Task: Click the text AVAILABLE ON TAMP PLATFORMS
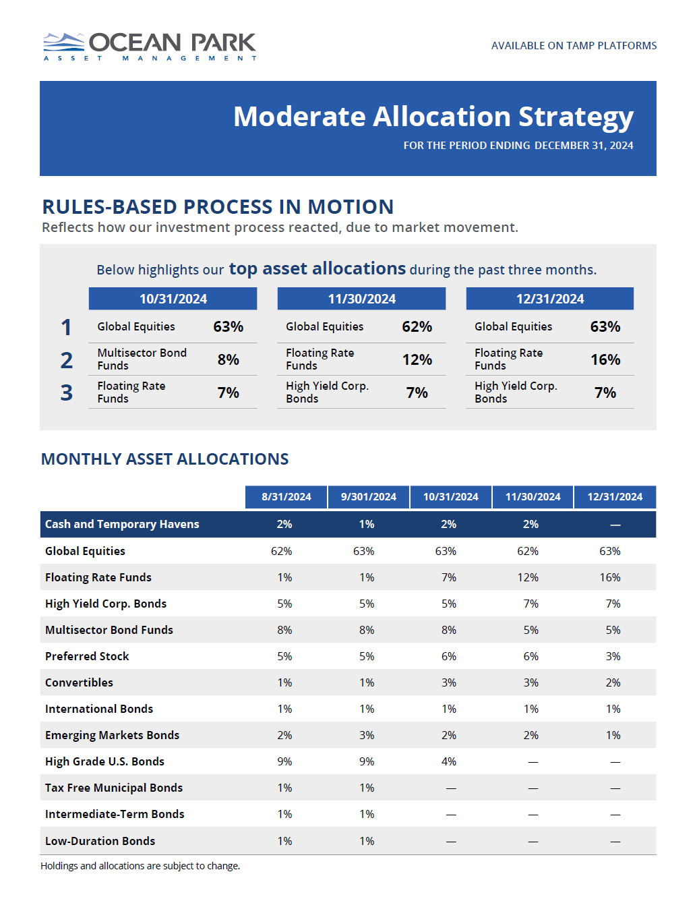[x=574, y=46]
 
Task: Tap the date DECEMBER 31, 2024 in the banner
[x=584, y=146]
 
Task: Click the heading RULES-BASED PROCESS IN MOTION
[x=218, y=206]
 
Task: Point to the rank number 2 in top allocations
[x=66, y=360]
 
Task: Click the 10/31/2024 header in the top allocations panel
[x=173, y=299]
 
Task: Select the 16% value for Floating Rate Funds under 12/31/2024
[x=605, y=360]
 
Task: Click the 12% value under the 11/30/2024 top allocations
[x=417, y=360]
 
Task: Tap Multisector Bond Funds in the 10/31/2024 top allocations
[x=142, y=359]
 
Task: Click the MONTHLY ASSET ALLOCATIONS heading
[x=164, y=459]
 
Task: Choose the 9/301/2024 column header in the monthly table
[x=368, y=497]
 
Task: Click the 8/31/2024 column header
[x=286, y=497]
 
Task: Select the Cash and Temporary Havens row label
[x=122, y=525]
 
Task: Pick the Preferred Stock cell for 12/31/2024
[x=613, y=656]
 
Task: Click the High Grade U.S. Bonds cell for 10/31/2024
[x=449, y=761]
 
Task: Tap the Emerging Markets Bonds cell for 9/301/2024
[x=367, y=735]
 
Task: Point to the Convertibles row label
[x=79, y=682]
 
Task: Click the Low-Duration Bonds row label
[x=100, y=841]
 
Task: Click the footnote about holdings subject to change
[x=140, y=866]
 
